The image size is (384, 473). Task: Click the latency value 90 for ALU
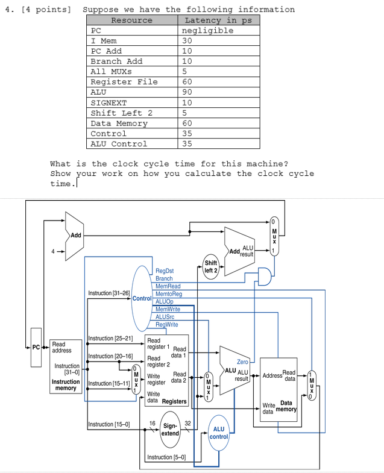[187, 92]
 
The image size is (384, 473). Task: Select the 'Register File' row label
[124, 82]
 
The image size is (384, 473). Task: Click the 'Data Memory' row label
[119, 124]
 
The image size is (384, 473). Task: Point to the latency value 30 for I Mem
[187, 41]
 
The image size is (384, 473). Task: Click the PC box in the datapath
[36, 348]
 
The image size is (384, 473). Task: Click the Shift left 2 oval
[211, 266]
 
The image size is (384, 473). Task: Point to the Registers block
[167, 369]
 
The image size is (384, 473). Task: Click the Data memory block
[279, 386]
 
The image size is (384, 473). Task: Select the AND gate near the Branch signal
[264, 277]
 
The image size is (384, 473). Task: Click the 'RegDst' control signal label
[165, 271]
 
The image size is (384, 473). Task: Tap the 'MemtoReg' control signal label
[169, 294]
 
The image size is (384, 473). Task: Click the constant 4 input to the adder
[53, 251]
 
